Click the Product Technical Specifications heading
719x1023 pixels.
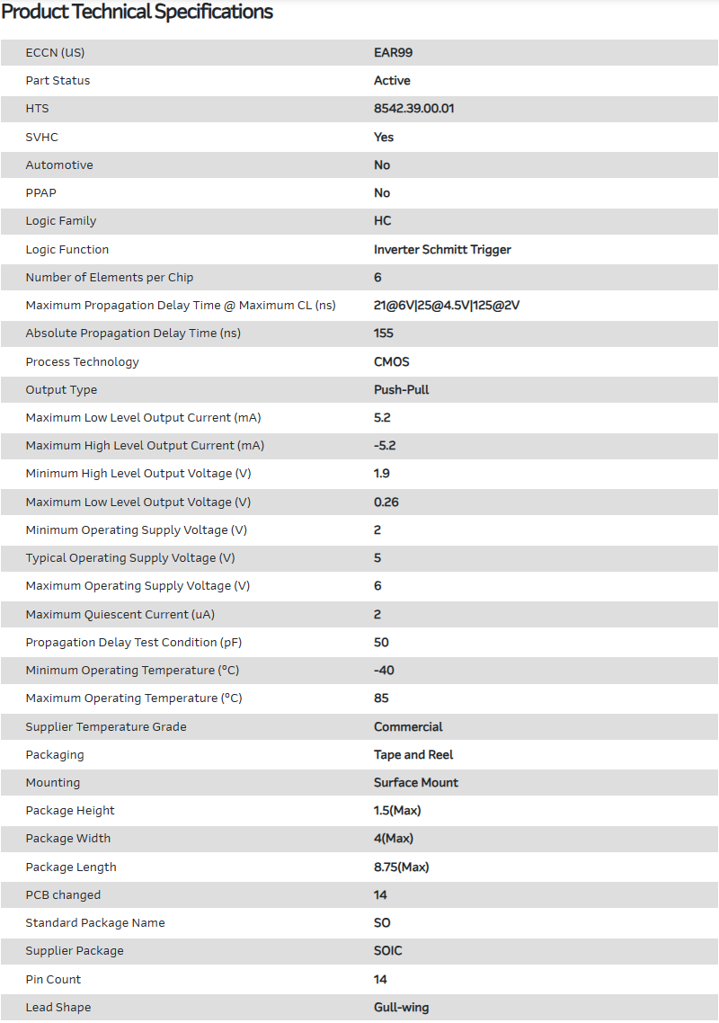[x=138, y=13]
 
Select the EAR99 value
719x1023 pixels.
[x=393, y=52]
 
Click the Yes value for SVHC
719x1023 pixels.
[x=384, y=137]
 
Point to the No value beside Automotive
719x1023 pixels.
[x=382, y=165]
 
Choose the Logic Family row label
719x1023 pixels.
[x=60, y=221]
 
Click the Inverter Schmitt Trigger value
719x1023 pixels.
[x=442, y=249]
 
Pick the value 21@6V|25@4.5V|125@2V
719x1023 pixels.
[x=447, y=305]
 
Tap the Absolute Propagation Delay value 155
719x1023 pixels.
[x=384, y=334]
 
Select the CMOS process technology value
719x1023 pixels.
[x=391, y=361]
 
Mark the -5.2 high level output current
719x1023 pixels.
[x=385, y=446]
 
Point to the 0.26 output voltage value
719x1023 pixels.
[x=386, y=502]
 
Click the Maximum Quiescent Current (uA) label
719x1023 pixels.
[x=120, y=614]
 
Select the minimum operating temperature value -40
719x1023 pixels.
[x=384, y=671]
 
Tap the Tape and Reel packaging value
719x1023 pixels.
[x=413, y=754]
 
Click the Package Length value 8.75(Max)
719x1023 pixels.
[x=401, y=867]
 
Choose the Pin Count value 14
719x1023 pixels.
[x=380, y=979]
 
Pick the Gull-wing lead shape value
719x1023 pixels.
[x=401, y=1007]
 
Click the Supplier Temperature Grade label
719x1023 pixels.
[x=106, y=726]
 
